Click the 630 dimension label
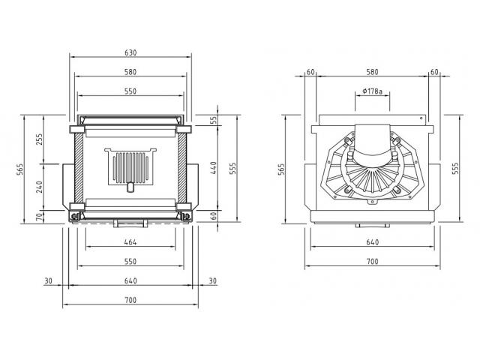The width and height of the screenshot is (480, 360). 130,52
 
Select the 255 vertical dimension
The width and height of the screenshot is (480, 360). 39,139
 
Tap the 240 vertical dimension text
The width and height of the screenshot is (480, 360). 39,187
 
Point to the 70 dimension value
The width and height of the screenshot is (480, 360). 39,217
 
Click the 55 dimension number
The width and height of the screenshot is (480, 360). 214,120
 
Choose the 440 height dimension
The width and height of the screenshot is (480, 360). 214,168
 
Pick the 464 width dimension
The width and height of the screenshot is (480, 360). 130,242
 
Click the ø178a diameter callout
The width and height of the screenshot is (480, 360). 372,91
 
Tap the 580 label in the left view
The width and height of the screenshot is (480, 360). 130,72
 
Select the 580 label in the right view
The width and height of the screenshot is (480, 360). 372,72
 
